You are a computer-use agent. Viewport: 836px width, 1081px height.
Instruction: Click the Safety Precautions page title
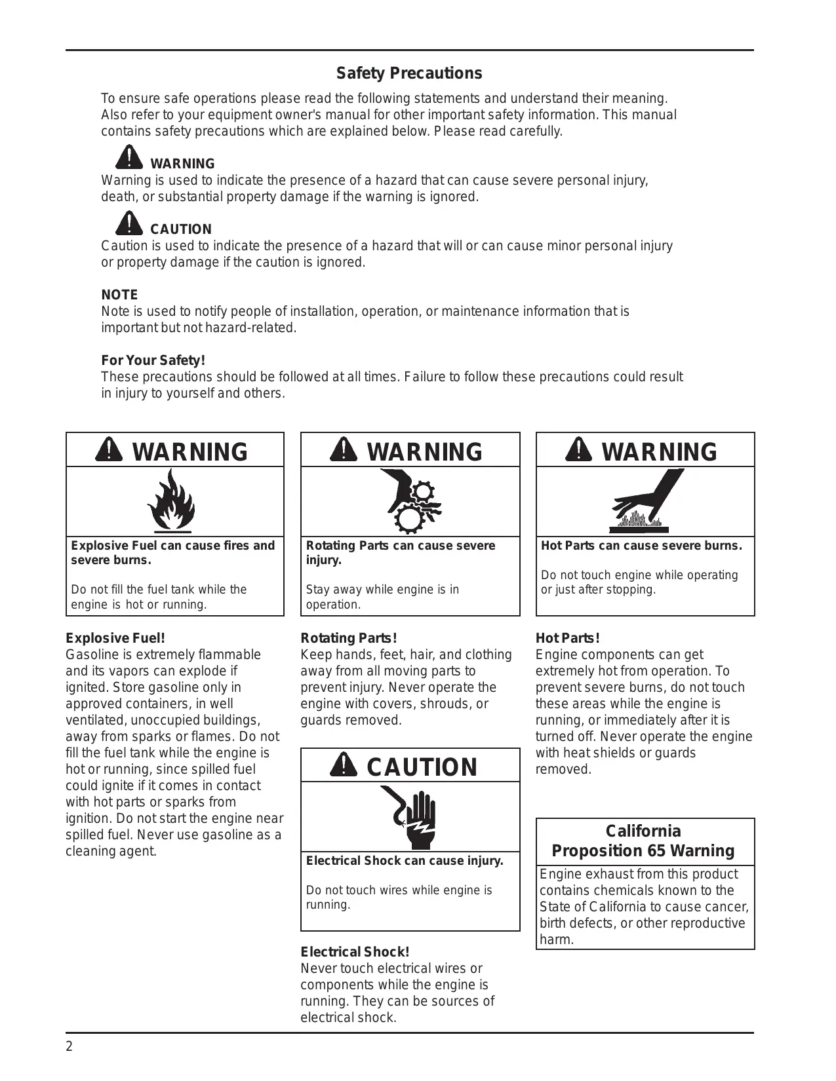(x=409, y=73)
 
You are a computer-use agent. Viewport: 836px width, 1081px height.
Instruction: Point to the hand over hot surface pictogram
(x=646, y=501)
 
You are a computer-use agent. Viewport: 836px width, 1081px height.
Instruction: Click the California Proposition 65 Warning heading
(x=643, y=841)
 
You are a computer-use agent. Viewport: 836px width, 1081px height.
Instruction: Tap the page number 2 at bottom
(x=70, y=1046)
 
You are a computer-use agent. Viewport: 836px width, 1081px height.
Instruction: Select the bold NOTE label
(x=119, y=295)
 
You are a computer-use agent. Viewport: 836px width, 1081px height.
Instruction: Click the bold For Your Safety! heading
(x=153, y=360)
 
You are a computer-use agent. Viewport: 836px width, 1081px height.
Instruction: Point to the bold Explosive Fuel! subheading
(x=115, y=638)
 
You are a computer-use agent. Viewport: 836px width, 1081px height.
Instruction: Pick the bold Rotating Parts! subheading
(x=349, y=638)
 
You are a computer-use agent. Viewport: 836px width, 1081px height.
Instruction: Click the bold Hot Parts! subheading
(x=568, y=638)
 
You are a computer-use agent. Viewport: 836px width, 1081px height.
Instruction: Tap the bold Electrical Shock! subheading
(x=355, y=952)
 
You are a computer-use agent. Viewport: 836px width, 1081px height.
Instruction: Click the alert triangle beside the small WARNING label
(x=130, y=157)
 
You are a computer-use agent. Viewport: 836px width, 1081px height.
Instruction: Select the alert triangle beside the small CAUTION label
(x=130, y=223)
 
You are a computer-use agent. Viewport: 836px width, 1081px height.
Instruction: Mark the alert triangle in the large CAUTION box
(x=344, y=765)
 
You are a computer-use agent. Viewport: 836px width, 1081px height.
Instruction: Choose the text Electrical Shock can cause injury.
(x=405, y=861)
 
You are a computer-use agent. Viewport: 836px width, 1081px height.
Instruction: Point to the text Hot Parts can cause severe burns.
(x=641, y=546)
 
